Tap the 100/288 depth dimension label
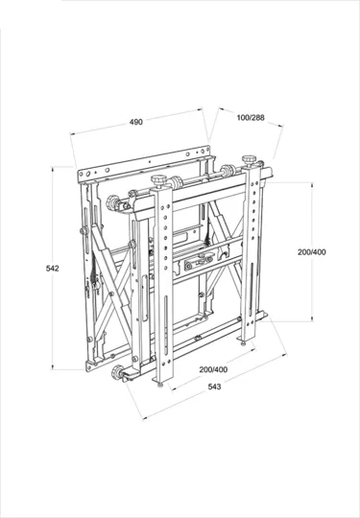[x=252, y=117]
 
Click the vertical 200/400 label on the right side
[x=312, y=252]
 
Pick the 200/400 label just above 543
[x=213, y=369]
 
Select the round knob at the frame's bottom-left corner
[x=120, y=373]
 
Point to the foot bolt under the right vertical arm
[x=252, y=337]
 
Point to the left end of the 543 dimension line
[x=144, y=417]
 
